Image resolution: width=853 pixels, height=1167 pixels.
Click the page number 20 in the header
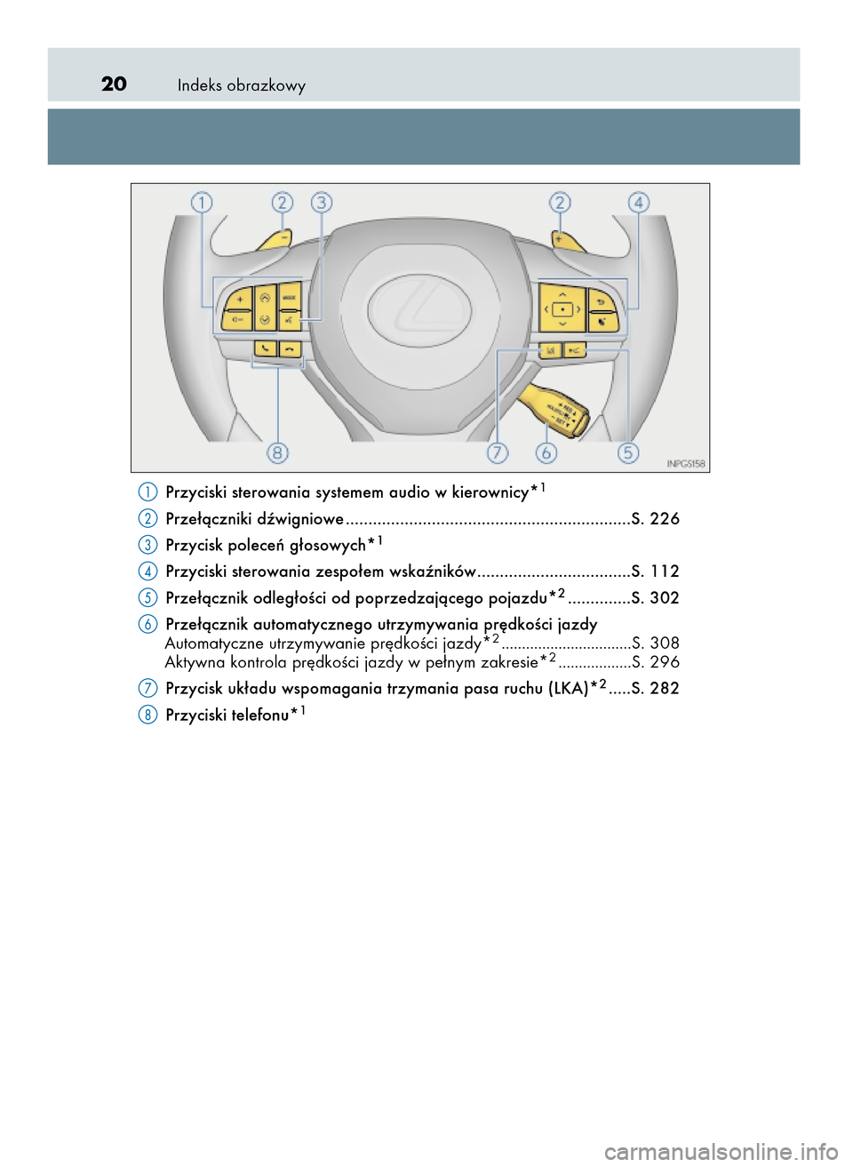(114, 84)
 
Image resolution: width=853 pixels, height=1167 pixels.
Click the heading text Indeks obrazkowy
(241, 85)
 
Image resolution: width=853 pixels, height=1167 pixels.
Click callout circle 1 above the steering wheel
(202, 203)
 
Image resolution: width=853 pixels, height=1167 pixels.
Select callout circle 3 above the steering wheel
(322, 203)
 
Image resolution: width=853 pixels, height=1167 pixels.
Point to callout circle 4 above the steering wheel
(638, 203)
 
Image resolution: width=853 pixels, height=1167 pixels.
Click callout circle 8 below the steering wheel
(278, 452)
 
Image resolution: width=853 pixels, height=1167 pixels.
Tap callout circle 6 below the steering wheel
(546, 452)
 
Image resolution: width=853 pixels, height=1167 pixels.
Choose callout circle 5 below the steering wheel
(628, 452)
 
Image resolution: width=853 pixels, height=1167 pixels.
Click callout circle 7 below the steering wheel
(498, 452)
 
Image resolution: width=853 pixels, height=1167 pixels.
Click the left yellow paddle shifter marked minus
(275, 239)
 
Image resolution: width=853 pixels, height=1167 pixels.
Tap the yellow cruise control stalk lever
(555, 410)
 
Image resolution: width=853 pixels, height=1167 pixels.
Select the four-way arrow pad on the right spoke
(562, 309)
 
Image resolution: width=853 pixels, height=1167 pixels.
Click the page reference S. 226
(655, 519)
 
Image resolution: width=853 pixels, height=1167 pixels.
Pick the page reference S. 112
(655, 572)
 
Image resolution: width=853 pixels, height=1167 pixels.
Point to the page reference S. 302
(655, 598)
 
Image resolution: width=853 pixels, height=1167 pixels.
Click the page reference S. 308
(656, 643)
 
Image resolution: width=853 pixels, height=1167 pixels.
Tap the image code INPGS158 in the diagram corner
(685, 463)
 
